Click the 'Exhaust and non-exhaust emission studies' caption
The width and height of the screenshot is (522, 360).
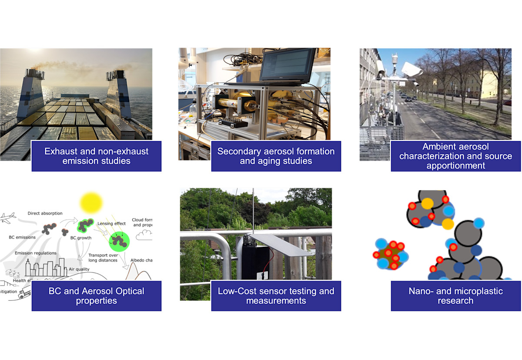(96, 156)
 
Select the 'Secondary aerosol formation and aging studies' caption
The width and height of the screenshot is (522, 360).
(276, 156)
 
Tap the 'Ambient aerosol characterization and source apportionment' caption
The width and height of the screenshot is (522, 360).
(455, 156)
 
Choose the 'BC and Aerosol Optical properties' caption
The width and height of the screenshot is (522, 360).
(96, 296)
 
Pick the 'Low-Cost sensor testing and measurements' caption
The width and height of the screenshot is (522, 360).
(276, 296)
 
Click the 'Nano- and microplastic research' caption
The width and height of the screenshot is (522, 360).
(455, 296)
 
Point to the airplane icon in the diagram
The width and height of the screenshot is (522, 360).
(8, 218)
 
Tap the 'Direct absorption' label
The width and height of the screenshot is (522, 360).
(45, 213)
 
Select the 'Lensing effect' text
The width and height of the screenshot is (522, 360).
(111, 224)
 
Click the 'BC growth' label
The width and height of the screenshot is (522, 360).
(81, 238)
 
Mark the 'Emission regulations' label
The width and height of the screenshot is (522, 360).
(35, 253)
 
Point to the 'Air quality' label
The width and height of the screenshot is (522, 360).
(79, 269)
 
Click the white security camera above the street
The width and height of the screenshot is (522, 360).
(411, 69)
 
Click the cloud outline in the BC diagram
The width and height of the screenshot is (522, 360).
(144, 235)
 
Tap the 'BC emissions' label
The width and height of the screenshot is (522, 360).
(22, 238)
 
